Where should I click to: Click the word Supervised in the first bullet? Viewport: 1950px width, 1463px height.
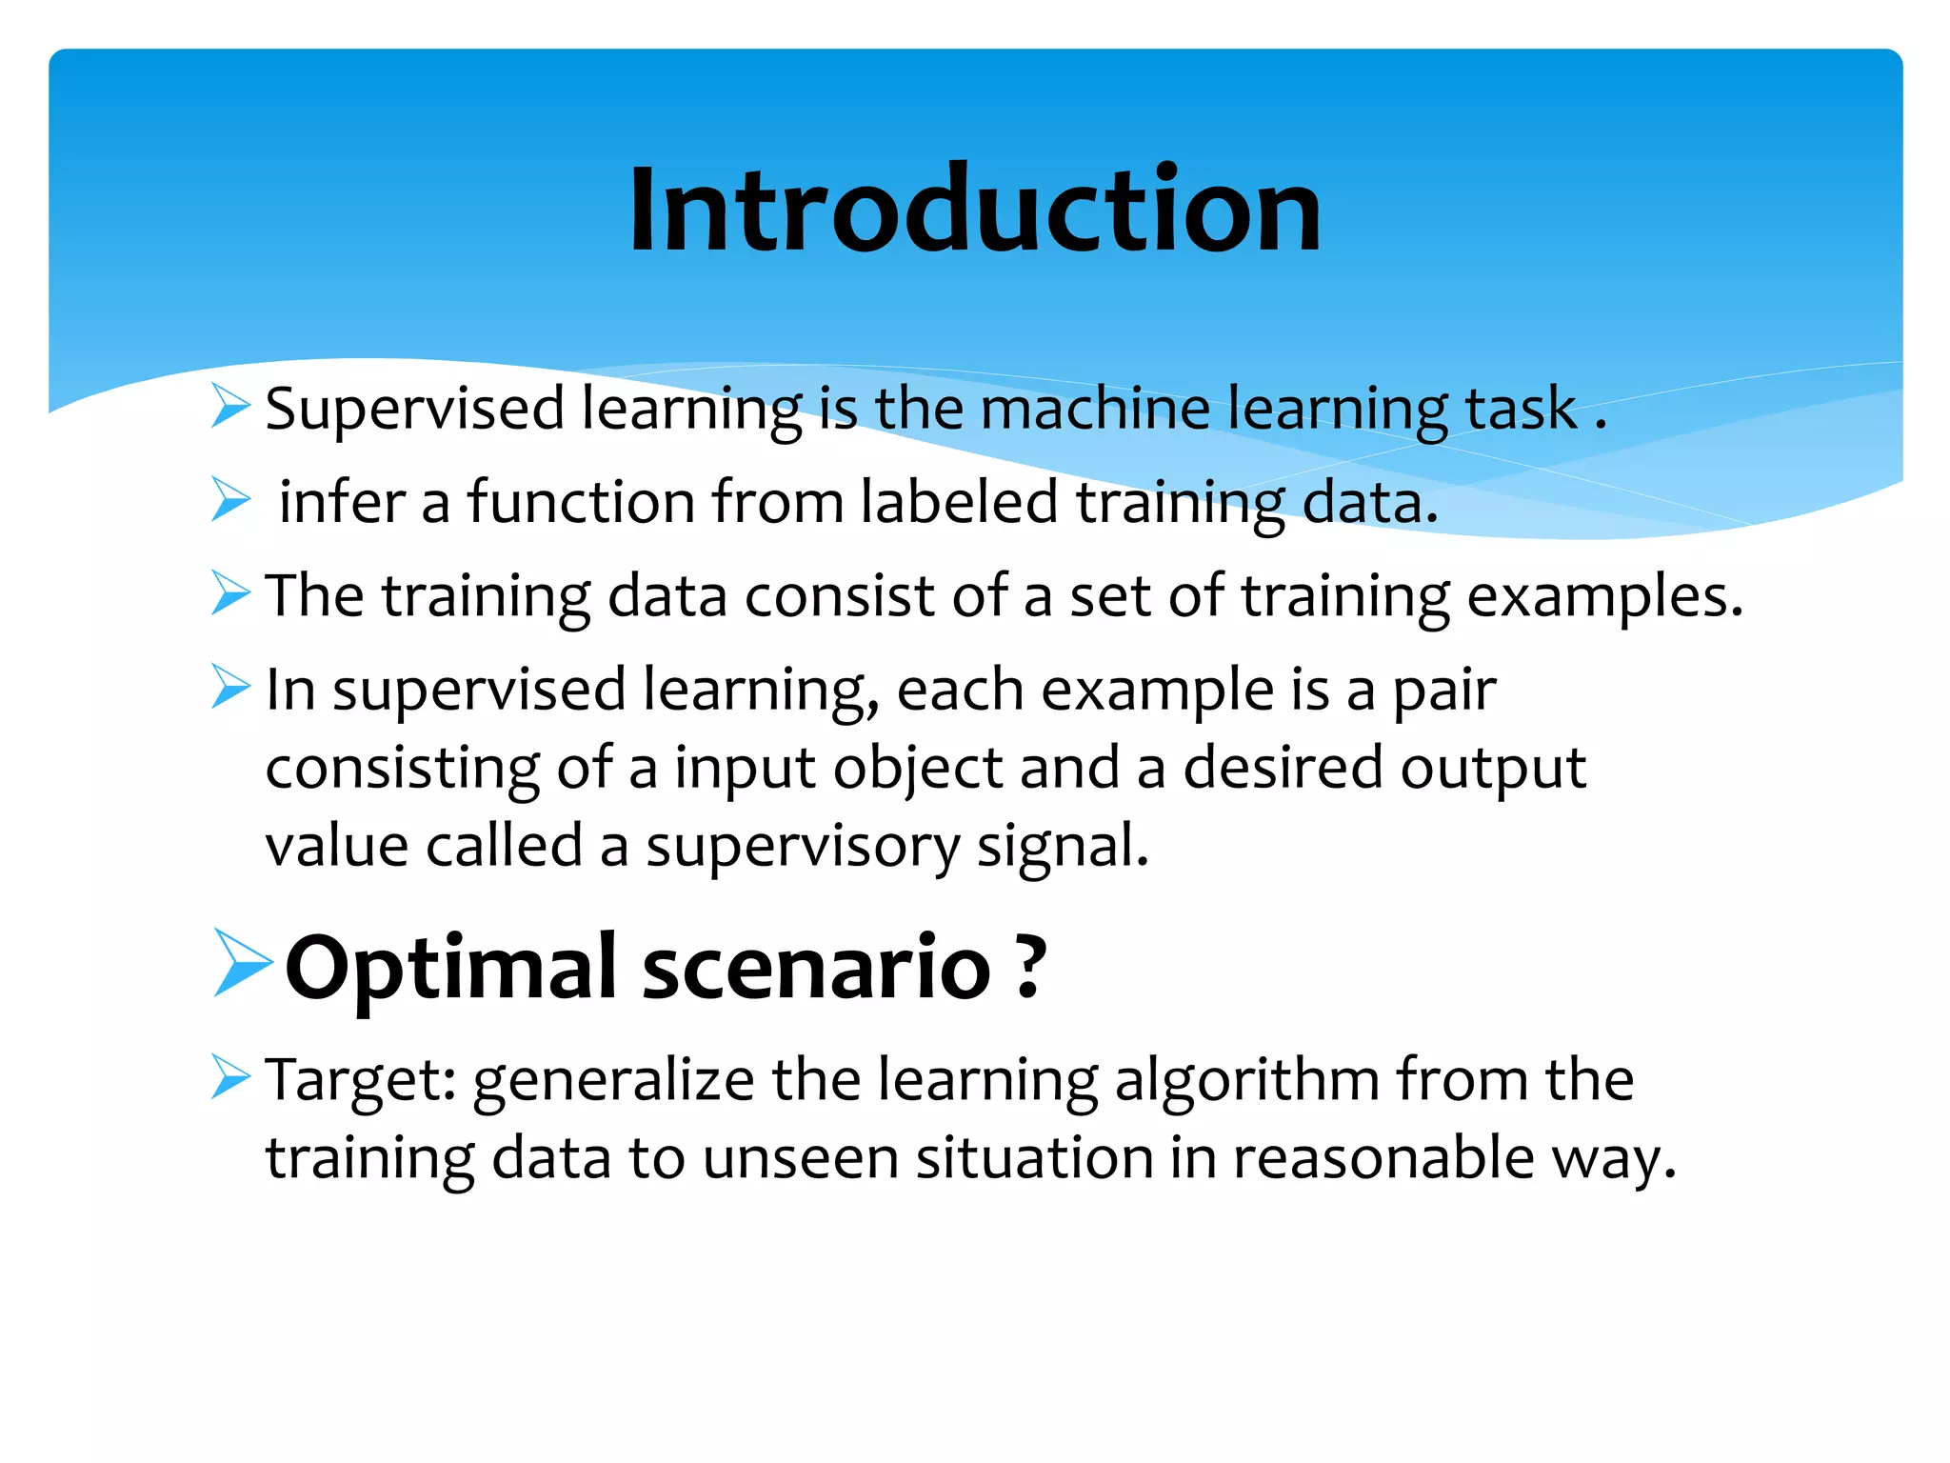pos(414,410)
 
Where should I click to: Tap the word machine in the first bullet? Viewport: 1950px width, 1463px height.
pos(1094,410)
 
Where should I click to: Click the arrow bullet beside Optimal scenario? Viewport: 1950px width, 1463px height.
pos(242,963)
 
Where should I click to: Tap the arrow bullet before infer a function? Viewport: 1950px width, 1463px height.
pos(230,500)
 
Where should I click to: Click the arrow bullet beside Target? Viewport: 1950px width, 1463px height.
pos(230,1077)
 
